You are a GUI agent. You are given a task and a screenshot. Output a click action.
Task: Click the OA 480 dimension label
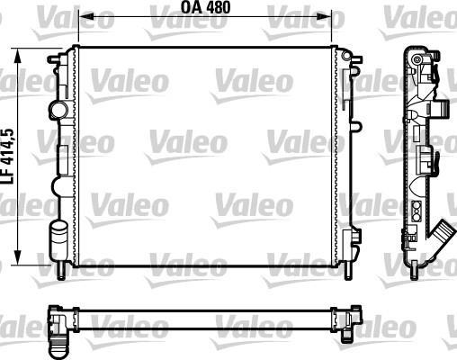click(205, 7)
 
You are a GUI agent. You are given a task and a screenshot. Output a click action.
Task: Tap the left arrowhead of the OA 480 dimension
click(85, 16)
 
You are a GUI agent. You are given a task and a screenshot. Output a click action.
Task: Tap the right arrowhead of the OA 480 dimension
click(324, 16)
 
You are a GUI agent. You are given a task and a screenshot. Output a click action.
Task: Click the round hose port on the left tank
click(58, 110)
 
